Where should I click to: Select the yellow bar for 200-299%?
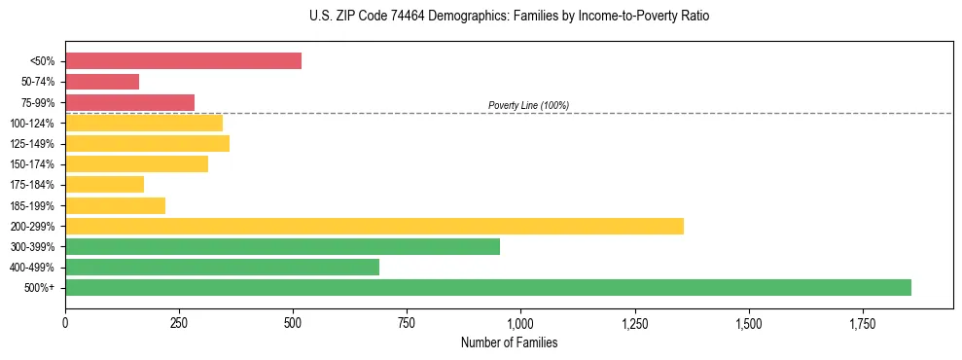coord(374,226)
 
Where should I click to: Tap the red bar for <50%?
coord(183,61)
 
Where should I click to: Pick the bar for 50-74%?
coord(102,82)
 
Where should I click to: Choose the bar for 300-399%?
coord(282,246)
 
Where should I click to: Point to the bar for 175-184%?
coord(104,185)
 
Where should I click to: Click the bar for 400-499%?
coord(222,267)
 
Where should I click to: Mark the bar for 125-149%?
coord(147,144)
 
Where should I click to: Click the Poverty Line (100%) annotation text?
coord(528,105)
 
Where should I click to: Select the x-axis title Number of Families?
coord(509,342)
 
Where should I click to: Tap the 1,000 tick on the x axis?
coord(520,322)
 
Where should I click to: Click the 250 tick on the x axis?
coord(179,322)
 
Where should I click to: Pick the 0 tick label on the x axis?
coord(65,322)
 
